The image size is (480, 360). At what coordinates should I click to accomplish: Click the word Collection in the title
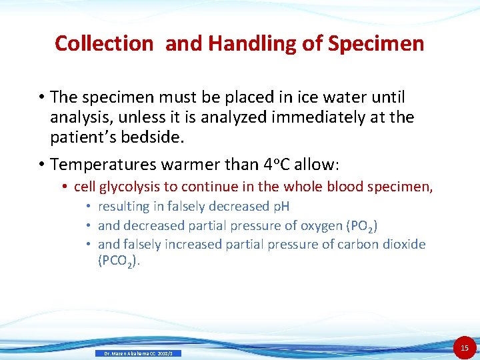click(x=104, y=43)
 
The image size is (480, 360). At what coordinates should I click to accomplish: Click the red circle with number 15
click(x=465, y=347)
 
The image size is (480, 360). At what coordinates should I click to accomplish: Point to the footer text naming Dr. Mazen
click(x=138, y=353)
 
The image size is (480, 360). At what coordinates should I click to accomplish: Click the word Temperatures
click(x=102, y=164)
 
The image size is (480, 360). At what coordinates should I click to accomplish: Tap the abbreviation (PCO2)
click(x=119, y=261)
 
